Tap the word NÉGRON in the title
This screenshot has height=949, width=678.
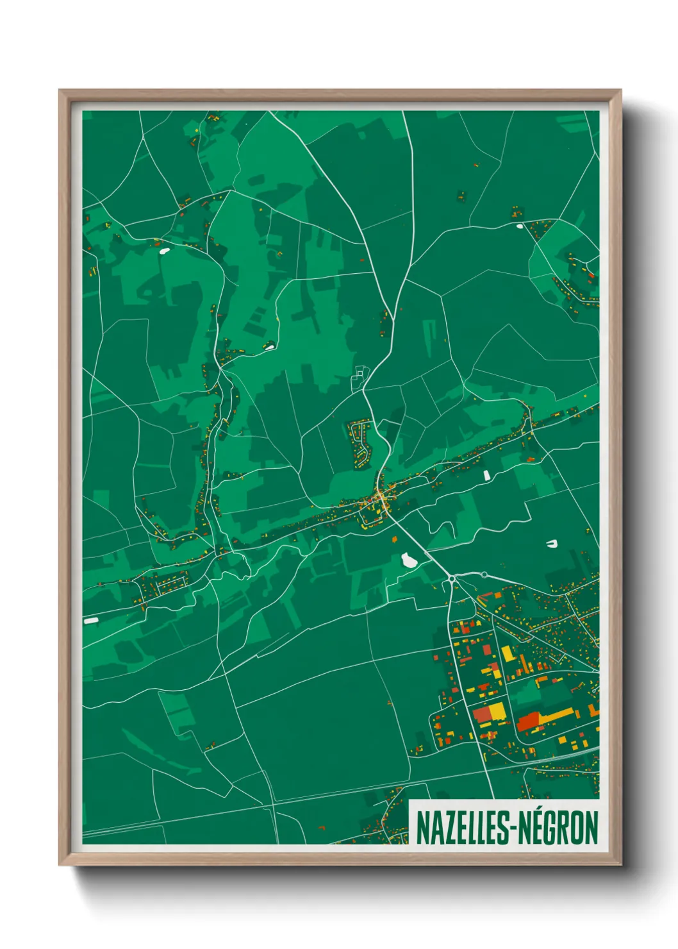(x=558, y=828)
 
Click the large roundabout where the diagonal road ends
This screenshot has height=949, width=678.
(x=452, y=579)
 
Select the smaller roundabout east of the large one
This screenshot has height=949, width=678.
(x=484, y=575)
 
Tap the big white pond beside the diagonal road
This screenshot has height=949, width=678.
(x=408, y=561)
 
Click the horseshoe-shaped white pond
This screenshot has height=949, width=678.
(x=551, y=544)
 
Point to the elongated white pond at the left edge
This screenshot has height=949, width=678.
(x=91, y=621)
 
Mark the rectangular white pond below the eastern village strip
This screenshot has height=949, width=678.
(x=486, y=475)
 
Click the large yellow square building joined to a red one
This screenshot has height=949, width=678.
(x=497, y=711)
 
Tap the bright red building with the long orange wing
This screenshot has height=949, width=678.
(x=529, y=722)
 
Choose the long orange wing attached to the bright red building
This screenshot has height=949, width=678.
(x=558, y=714)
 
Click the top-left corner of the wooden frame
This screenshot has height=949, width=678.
(x=60, y=91)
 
